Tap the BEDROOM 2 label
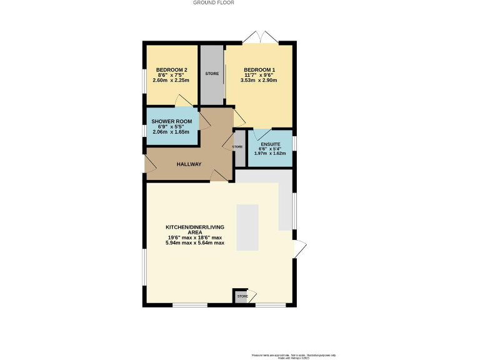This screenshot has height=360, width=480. pos(172,69)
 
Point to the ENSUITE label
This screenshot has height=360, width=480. pos(270,142)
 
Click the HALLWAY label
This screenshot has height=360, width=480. pos(189,164)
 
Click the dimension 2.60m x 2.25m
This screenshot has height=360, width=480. pos(172,81)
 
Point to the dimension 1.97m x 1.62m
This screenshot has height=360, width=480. pos(270,153)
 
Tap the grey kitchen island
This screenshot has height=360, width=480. pos(247,226)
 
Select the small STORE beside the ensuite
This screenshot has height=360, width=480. pos(239,148)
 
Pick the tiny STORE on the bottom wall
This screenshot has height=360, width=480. pos(242,296)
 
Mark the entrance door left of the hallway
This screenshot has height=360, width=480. pos(149,164)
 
